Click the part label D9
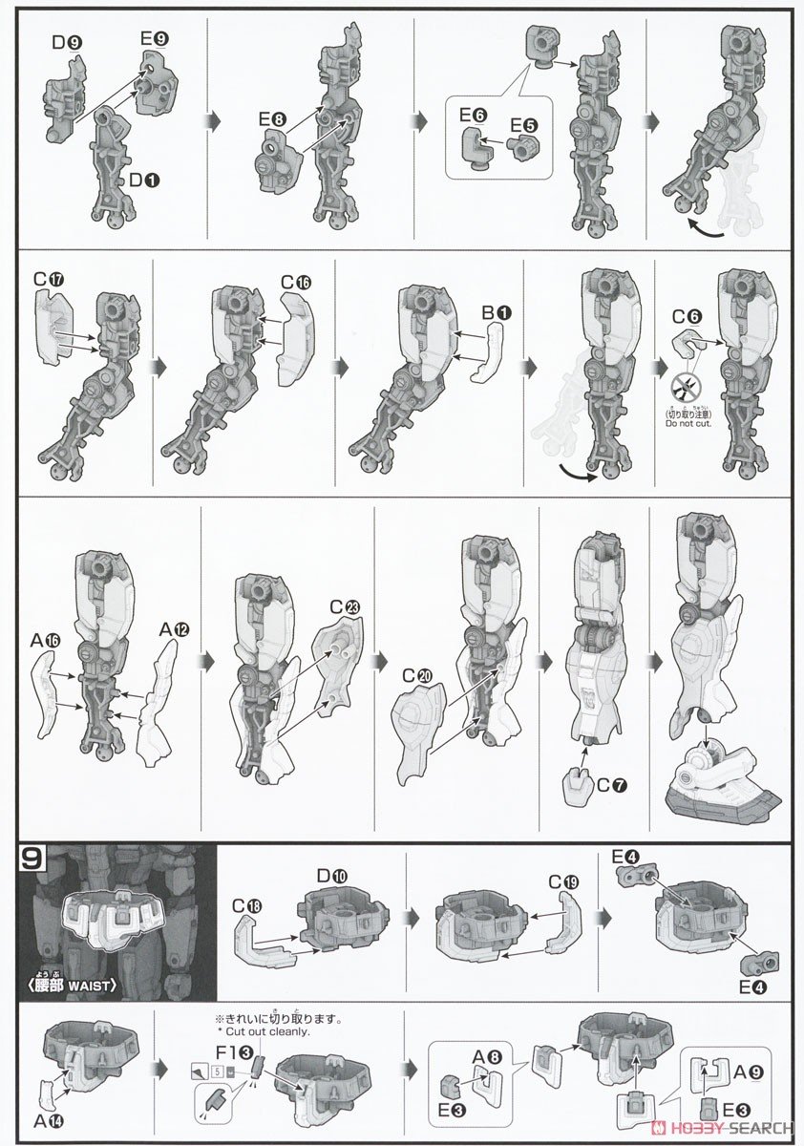65,43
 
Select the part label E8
271,119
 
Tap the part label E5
522,125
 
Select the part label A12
175,629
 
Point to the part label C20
418,675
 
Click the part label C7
613,788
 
